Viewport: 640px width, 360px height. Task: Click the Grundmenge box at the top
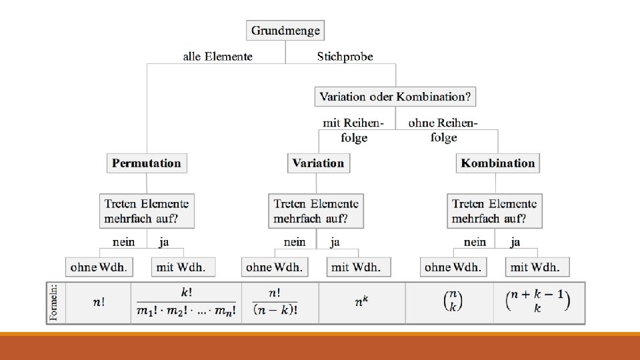(285, 31)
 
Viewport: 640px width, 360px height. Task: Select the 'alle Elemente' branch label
(217, 57)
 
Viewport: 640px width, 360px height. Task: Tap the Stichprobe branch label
(345, 57)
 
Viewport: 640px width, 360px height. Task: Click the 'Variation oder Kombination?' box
(395, 97)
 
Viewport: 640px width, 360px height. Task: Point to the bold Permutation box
(147, 163)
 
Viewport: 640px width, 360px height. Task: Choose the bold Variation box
(318, 163)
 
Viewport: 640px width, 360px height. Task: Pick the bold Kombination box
(497, 163)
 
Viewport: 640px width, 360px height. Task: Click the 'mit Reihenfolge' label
(351, 130)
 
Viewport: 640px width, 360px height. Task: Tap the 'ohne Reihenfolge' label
(443, 130)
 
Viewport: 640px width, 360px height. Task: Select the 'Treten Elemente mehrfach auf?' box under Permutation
(147, 211)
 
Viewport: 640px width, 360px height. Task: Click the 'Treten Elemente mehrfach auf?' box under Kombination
(494, 211)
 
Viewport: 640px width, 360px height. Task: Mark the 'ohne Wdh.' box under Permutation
(99, 267)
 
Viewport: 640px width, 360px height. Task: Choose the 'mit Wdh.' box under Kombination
(537, 267)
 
